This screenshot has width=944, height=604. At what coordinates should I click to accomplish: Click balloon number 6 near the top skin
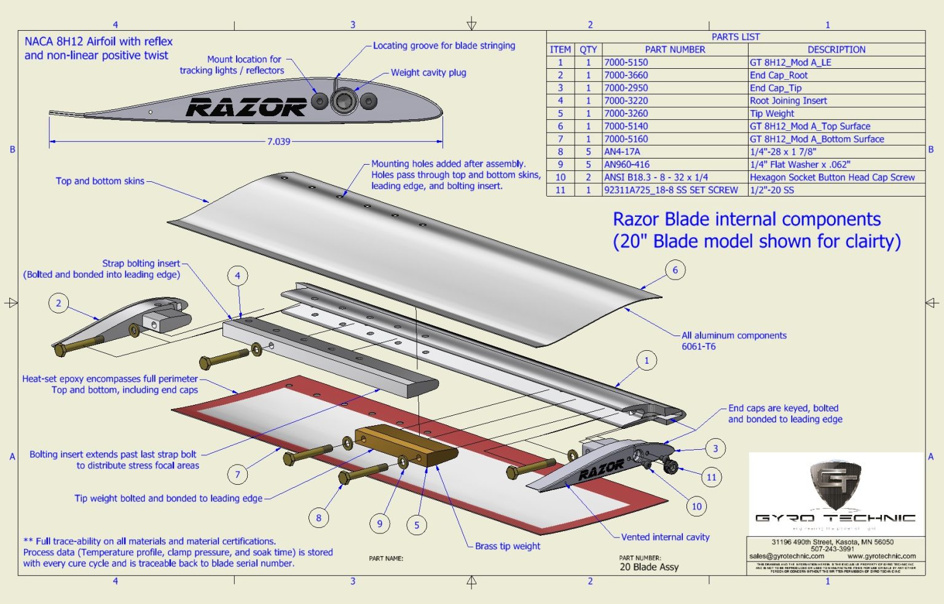tap(675, 270)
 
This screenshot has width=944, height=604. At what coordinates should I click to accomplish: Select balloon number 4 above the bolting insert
tap(238, 276)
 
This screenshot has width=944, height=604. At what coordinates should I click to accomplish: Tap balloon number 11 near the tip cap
tap(711, 477)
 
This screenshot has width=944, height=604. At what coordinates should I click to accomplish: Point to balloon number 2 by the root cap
tap(58, 303)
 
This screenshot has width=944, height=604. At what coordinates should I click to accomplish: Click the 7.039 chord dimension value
tap(278, 141)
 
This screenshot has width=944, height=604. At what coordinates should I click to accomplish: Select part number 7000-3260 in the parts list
tap(626, 114)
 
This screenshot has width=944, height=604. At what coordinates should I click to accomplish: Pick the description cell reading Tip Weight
tap(772, 114)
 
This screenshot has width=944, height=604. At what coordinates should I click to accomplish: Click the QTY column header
tap(588, 50)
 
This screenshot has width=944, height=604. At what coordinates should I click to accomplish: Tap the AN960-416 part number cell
tap(622, 165)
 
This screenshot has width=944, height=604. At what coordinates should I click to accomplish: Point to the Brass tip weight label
tap(508, 546)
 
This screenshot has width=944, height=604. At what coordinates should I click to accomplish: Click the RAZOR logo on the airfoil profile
tap(246, 107)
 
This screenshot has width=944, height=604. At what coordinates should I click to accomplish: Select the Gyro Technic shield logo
tap(835, 485)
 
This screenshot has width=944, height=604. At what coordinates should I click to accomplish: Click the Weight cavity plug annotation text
tap(428, 73)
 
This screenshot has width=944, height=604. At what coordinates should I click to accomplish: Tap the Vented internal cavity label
tap(665, 537)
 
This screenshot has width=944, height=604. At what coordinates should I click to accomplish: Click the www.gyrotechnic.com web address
tap(881, 556)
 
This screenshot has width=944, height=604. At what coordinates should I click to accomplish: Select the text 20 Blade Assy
tap(649, 567)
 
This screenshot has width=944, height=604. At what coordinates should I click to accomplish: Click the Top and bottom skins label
tap(100, 181)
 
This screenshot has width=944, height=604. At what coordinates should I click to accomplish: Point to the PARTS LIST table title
tap(736, 37)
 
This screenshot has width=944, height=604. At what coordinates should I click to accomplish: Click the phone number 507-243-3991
tap(832, 549)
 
